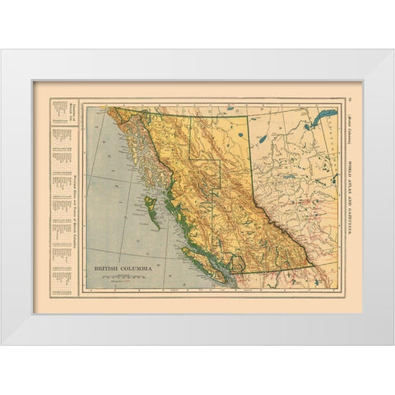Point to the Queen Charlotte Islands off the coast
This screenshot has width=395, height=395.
point(149,202)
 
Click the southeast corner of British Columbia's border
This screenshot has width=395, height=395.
point(311,268)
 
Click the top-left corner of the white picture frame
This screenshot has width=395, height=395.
point(2,52)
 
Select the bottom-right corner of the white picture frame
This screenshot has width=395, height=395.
point(393,342)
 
